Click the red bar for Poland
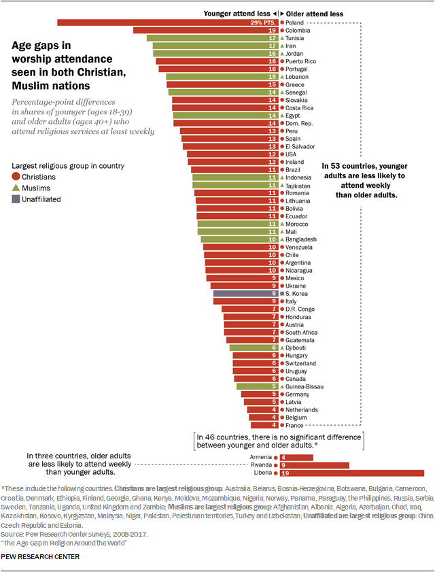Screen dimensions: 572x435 [x=156, y=22]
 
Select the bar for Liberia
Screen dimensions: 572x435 [x=353, y=473]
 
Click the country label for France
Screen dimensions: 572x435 [x=294, y=425]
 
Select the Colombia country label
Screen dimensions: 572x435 [x=298, y=31]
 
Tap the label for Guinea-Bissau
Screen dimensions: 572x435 [x=304, y=386]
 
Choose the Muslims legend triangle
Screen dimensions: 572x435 [x=17, y=188]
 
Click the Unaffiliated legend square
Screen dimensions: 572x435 [x=17, y=199]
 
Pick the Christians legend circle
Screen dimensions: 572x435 [x=17, y=177]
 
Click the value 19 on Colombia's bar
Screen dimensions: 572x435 [x=271, y=31]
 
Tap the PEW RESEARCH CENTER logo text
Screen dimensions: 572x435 [x=41, y=556]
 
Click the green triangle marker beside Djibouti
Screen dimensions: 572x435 [x=282, y=348]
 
